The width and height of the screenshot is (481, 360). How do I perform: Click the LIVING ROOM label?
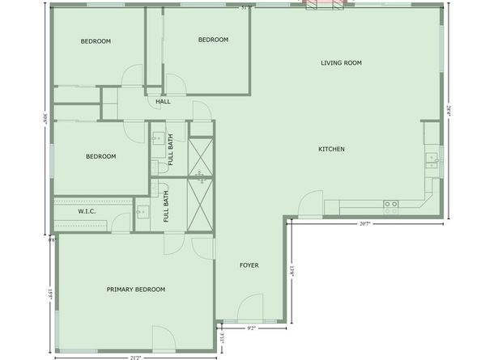pos(340,62)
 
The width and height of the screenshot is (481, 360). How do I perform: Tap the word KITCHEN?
pos(331,149)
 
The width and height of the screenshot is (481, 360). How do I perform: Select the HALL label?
pos(163,102)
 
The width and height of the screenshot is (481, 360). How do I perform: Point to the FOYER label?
pos(249,265)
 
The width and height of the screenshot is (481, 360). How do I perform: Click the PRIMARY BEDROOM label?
pos(136,289)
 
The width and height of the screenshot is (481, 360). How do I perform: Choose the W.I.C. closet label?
pos(87,211)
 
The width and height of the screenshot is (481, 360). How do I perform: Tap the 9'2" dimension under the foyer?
pos(251,328)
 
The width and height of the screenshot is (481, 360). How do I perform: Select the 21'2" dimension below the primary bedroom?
pos(135,357)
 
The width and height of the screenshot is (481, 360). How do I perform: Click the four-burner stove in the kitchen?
pos(391,207)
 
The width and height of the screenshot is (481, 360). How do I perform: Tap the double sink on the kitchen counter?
pos(432,159)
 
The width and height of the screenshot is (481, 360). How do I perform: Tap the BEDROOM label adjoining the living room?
pos(213,40)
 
